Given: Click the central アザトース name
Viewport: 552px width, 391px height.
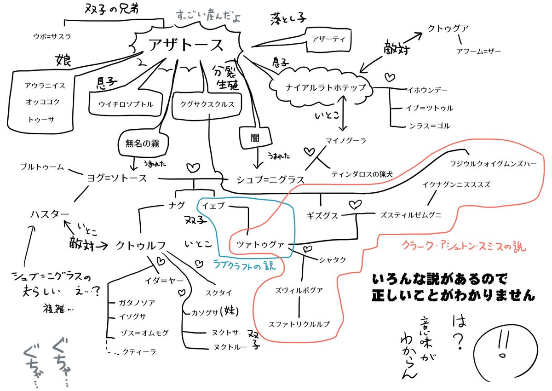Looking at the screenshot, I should coord(186,45).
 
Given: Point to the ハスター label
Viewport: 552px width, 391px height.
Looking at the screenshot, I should coord(50,214).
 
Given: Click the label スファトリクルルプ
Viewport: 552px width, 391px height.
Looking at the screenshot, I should coord(299,323).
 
